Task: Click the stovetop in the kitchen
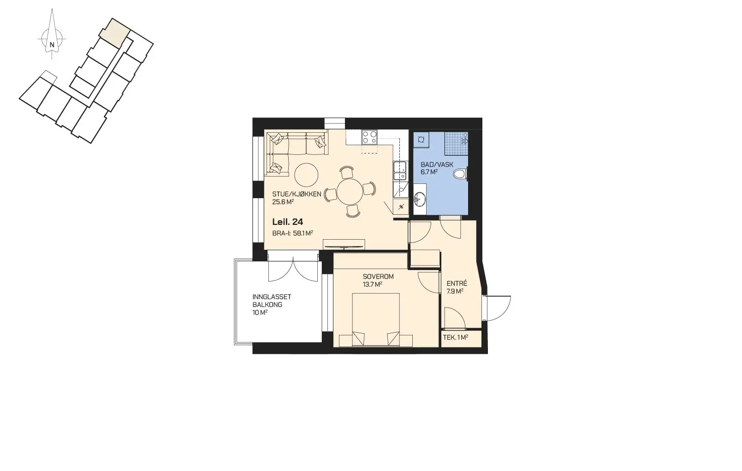[x=369, y=137]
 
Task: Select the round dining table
[x=350, y=192]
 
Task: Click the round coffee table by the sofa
[x=306, y=175]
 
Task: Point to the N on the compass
[x=52, y=45]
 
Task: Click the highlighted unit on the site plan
[x=115, y=32]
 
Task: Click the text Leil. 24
[x=287, y=222]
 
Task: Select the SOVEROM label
[x=378, y=277]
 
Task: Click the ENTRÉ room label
[x=457, y=283]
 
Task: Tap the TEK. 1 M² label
[x=456, y=338]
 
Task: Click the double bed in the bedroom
[x=376, y=320]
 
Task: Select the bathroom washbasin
[x=420, y=200]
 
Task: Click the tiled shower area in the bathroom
[x=456, y=143]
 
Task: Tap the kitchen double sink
[x=400, y=171]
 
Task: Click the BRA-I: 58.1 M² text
[x=292, y=233]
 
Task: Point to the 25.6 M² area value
[x=283, y=202]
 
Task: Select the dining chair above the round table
[x=346, y=172]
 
